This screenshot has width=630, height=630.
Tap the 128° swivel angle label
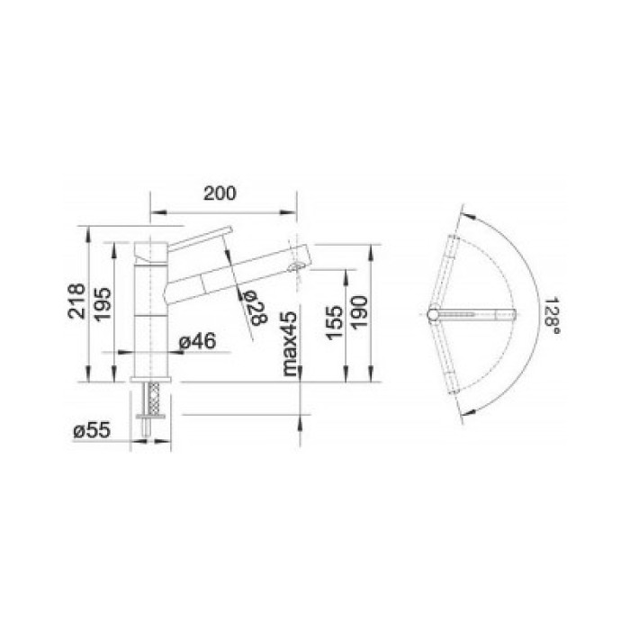pyautogui.click(x=553, y=317)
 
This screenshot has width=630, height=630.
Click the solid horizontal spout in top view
pyautogui.click(x=477, y=314)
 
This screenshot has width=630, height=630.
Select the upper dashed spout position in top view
pyautogui.click(x=445, y=270)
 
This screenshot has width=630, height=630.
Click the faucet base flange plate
pyautogui.click(x=151, y=381)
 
